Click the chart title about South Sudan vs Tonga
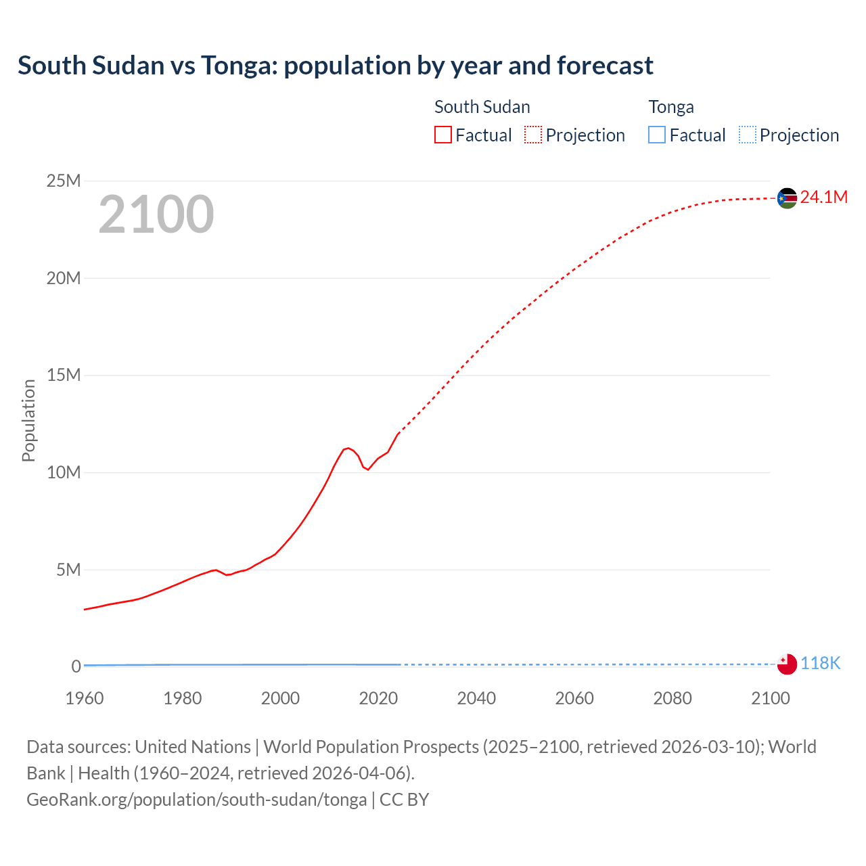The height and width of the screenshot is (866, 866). tap(335, 66)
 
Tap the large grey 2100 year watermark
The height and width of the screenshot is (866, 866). tap(156, 214)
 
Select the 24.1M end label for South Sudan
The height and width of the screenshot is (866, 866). tap(823, 197)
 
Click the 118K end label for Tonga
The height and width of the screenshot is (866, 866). tap(820, 663)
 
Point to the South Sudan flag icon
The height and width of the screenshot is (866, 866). tap(787, 198)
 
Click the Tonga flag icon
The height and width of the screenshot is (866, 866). tap(787, 664)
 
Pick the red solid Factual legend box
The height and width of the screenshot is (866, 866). tap(443, 135)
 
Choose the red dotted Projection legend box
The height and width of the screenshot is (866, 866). tap(533, 135)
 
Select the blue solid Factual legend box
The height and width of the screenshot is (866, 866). tap(657, 135)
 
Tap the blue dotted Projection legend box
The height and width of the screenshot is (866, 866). tap(748, 135)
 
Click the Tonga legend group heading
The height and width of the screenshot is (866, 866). tap(671, 107)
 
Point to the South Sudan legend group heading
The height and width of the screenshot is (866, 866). tap(482, 107)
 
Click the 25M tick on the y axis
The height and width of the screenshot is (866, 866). tap(64, 181)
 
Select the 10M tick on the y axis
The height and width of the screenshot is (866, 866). tap(64, 472)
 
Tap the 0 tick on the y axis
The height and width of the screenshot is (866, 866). tap(76, 666)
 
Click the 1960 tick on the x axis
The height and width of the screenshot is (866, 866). tap(85, 698)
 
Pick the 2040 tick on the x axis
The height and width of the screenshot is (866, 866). tap(476, 698)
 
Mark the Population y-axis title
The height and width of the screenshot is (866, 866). tap(28, 420)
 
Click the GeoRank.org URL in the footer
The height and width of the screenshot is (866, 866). tap(196, 800)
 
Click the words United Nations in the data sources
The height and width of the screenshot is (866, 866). tap(193, 747)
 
